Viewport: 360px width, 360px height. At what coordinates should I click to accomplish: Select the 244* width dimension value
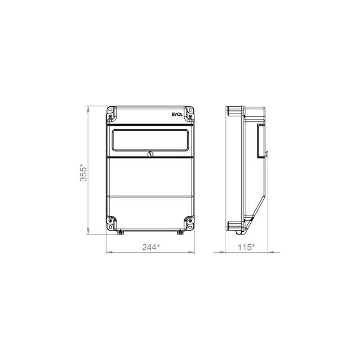(151, 247)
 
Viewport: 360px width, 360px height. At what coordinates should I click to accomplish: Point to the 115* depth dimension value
(245, 247)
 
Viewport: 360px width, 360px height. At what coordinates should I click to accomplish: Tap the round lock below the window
(150, 155)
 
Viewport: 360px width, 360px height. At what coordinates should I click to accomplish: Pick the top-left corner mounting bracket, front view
(112, 112)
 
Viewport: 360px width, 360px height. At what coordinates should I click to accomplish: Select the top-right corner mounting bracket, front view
(190, 112)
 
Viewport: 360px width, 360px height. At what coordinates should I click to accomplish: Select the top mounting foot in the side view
(234, 112)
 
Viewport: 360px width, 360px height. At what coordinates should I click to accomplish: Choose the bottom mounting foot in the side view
(234, 226)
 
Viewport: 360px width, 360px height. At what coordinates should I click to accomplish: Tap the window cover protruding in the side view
(261, 141)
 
